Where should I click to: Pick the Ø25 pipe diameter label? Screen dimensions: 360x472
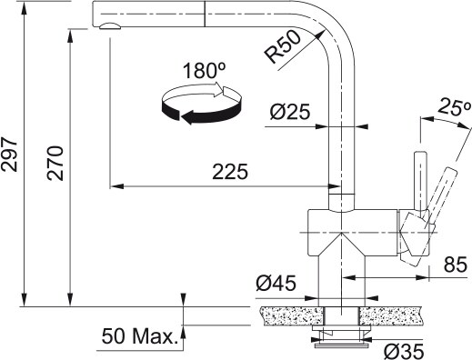(x=290, y=113)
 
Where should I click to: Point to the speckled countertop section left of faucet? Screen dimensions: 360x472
(x=287, y=315)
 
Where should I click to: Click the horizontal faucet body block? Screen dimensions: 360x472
(x=350, y=224)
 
